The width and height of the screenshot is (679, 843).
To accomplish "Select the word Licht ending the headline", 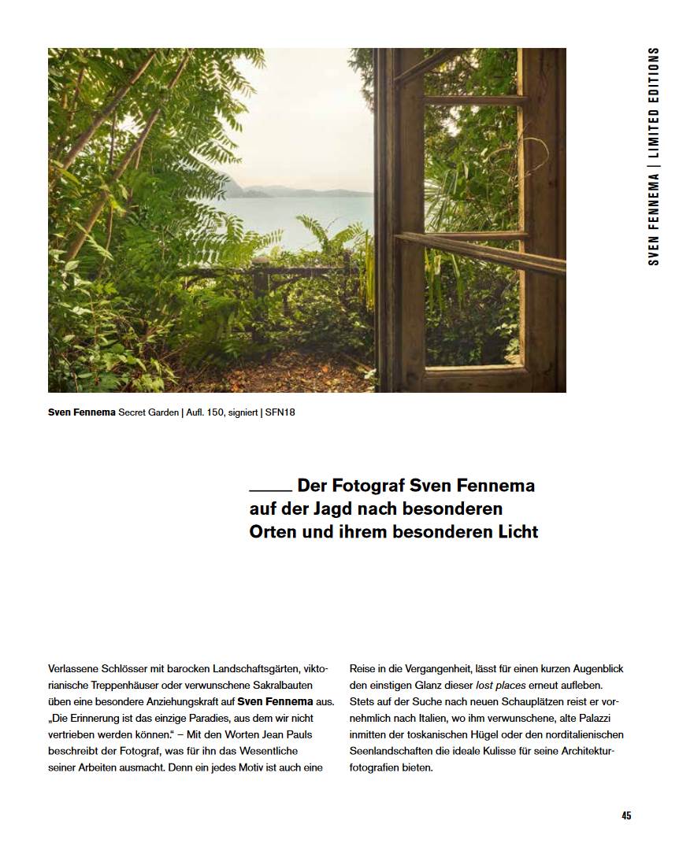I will tap(514, 531).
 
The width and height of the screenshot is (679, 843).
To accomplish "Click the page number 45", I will tap(625, 815).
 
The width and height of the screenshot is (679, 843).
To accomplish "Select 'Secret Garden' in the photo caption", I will tap(147, 412).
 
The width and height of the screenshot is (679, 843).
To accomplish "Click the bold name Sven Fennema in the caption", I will tap(81, 412).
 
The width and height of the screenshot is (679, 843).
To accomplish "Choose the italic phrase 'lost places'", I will tap(500, 685).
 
